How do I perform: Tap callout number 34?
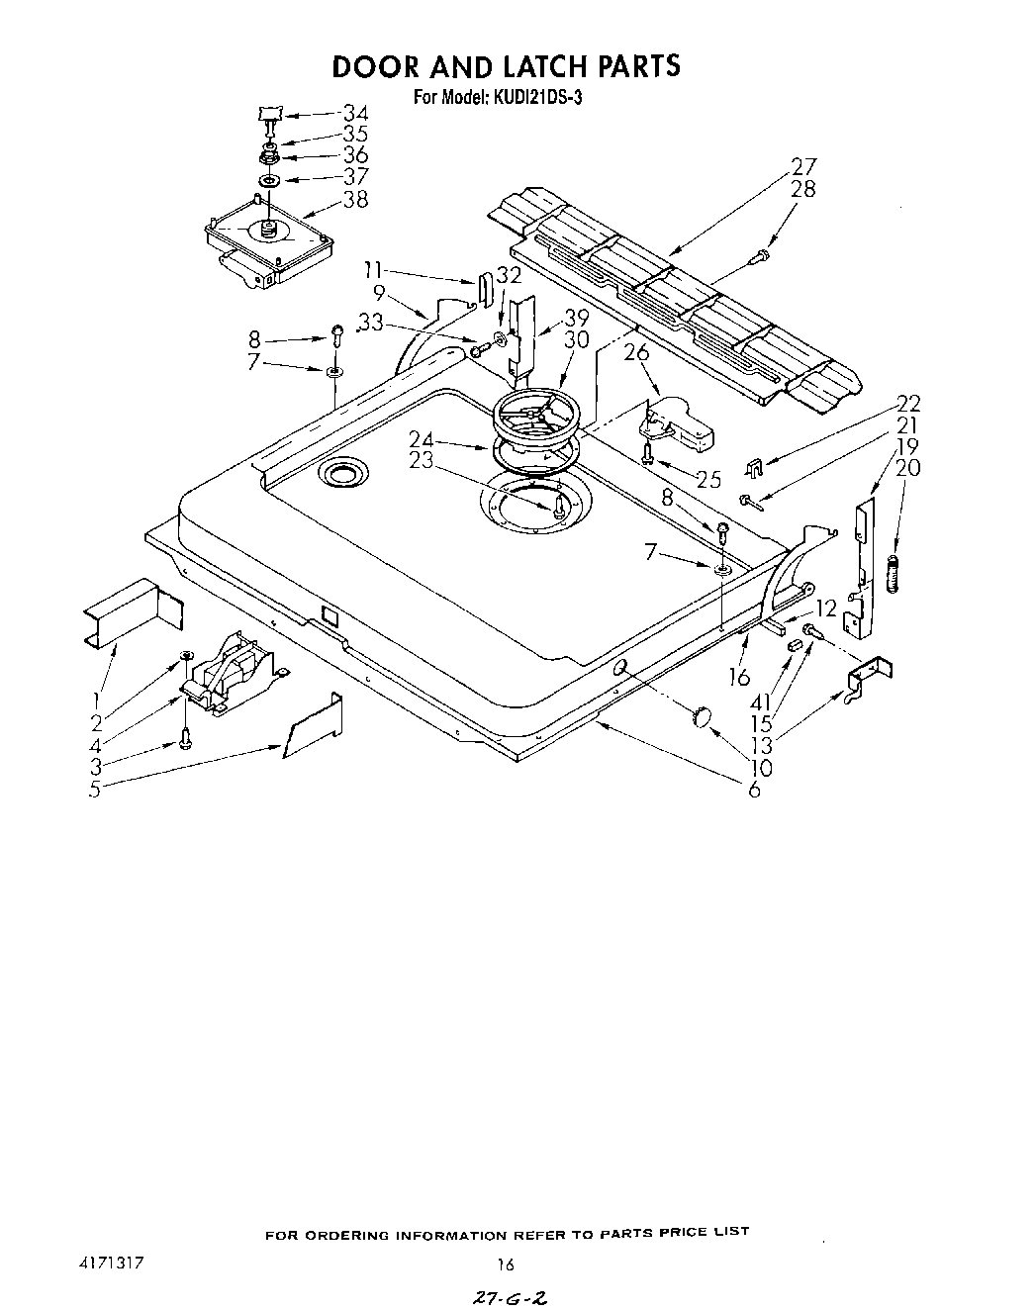coord(354,114)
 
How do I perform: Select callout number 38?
coord(354,199)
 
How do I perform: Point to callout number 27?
coord(803,166)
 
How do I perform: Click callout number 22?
coord(907,403)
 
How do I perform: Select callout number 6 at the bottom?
coord(754,790)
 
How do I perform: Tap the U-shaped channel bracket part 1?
coord(121,613)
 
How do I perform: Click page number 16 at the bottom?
coord(506,1264)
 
